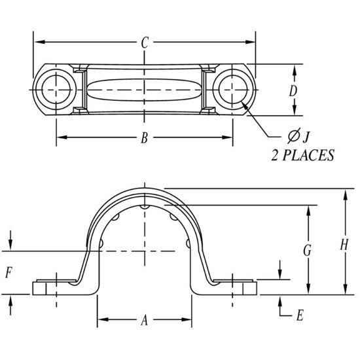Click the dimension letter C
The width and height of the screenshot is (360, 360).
[x=145, y=43]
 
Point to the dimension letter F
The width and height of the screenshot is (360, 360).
[x=9, y=273]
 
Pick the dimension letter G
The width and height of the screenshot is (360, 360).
[x=307, y=250]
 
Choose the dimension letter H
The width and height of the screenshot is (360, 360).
[x=344, y=244]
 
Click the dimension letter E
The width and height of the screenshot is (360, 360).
[x=299, y=315]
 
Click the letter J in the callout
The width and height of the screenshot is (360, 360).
[x=306, y=136]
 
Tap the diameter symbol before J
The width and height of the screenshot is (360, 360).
[x=293, y=136]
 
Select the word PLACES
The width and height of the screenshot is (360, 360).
[x=308, y=156]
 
